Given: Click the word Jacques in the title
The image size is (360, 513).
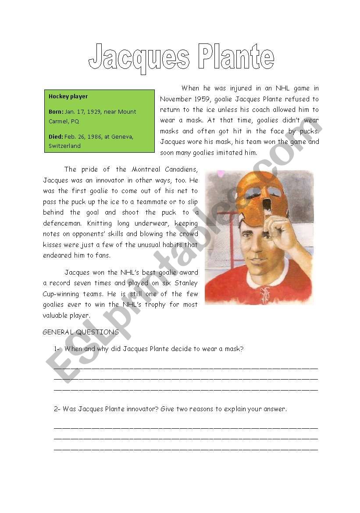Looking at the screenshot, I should tap(139, 58).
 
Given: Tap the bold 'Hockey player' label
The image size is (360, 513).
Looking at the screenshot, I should tap(68, 96).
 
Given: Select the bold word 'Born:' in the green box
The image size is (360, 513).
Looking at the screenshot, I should tap(56, 112).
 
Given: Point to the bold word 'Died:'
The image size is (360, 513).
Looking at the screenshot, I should tap(56, 136).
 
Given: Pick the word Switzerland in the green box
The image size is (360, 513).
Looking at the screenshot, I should tap(64, 146).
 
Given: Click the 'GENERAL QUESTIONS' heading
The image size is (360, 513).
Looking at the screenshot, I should tap(81, 332).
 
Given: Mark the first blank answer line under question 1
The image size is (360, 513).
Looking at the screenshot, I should tap(185, 367).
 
